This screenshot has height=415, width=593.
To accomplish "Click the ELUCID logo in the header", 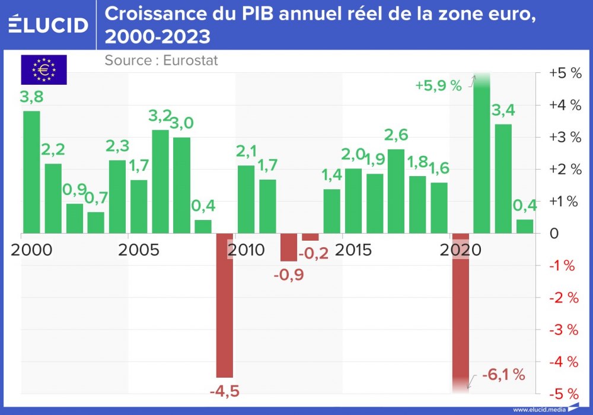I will (x=48, y=25).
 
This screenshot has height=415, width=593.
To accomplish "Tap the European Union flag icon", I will (x=44, y=70).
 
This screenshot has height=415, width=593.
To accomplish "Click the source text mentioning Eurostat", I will (x=161, y=60).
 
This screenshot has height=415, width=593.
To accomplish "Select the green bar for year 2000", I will (x=31, y=172).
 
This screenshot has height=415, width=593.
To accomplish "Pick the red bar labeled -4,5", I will (x=224, y=305).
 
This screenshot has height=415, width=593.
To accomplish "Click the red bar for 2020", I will (x=461, y=311).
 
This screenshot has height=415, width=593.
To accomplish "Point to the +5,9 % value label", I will (x=438, y=85).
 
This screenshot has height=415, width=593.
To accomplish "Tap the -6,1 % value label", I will (x=503, y=374).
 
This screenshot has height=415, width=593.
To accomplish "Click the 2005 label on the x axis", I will (x=139, y=250).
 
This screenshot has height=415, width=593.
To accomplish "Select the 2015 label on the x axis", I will (x=353, y=250).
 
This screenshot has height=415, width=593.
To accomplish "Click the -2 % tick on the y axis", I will (x=563, y=298).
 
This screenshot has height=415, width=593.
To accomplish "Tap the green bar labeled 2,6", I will (x=396, y=191).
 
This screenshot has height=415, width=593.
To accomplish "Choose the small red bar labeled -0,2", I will (x=310, y=237).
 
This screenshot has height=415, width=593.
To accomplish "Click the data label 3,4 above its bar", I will (x=503, y=110).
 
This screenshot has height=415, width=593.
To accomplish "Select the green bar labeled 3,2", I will (x=160, y=181).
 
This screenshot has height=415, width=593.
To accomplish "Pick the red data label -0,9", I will (x=288, y=276).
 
